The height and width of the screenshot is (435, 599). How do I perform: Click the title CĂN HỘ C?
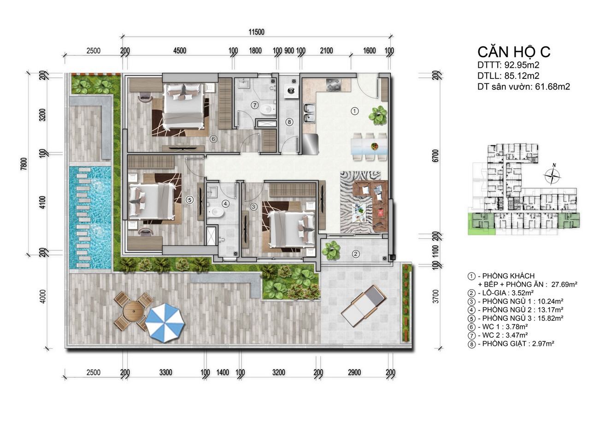coord(514,52)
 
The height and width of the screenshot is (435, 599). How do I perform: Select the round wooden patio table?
coord(133,311)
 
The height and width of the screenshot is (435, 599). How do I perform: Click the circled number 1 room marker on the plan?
coord(355,111)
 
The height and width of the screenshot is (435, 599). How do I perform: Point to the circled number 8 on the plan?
coord(289,122)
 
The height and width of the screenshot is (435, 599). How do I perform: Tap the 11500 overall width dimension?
coord(257,32)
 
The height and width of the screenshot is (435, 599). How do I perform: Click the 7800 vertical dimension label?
coord(24,164)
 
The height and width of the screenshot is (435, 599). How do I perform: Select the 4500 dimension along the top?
coord(180,51)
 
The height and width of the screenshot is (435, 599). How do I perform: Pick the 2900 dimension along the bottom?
coord(354,372)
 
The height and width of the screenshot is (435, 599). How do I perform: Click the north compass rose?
coord(552,176)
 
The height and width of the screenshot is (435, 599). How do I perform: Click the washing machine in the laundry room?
coord(290,90)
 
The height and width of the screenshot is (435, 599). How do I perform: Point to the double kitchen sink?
coord(309,113)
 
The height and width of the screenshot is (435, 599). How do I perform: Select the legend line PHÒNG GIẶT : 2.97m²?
coord(511,344)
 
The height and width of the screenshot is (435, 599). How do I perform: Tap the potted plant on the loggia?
coord(331,250)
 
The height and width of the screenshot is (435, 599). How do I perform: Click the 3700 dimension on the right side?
coord(436,296)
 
